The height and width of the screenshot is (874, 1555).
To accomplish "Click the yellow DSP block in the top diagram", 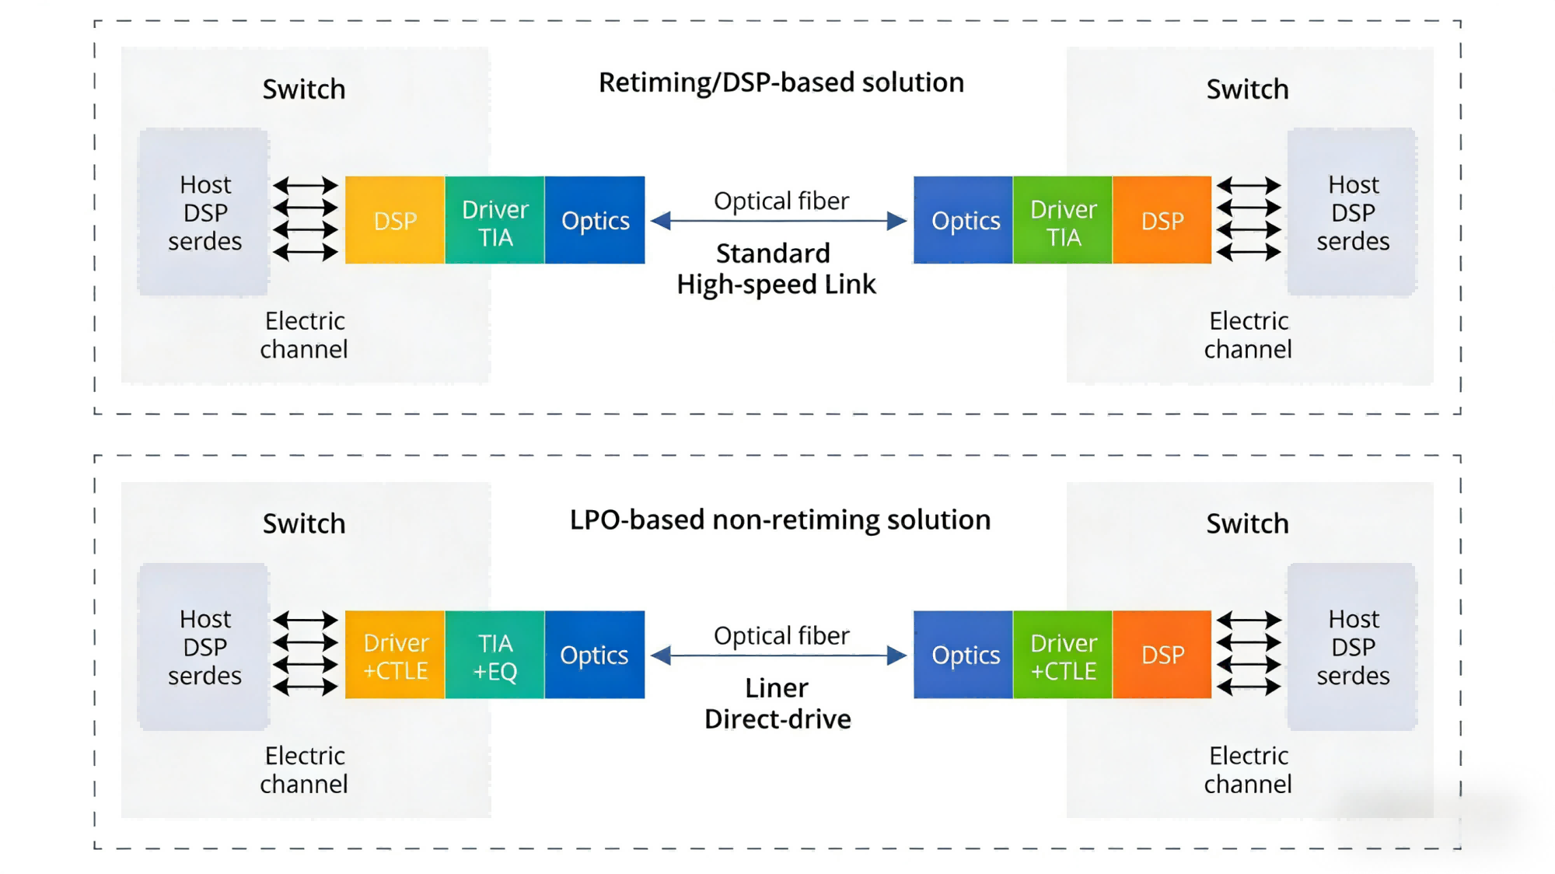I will coord(395,220).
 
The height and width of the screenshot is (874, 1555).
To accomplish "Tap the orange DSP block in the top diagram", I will coord(1162,220).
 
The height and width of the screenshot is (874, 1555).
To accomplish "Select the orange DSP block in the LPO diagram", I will coord(1162,655).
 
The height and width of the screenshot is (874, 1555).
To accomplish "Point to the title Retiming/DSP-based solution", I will coord(781,82).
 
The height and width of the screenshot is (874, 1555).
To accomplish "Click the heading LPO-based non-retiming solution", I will coord(780,519).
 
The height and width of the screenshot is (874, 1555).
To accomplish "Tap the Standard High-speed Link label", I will coord(775,269).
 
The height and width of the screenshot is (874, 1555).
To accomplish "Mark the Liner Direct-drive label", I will coord(777,704).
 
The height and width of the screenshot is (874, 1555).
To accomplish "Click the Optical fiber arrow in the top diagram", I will coord(779,221).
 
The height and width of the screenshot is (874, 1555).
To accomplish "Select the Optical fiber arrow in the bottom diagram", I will coord(779,655).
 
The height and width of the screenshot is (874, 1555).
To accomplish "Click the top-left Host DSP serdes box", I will coord(204,212).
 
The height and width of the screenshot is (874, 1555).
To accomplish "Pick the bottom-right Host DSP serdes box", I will coord(1352,647).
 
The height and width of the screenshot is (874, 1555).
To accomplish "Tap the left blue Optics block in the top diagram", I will coord(595,220).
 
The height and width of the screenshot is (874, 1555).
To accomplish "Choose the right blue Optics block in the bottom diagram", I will coord(964,655).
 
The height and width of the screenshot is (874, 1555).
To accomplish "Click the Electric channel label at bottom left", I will coord(304,770).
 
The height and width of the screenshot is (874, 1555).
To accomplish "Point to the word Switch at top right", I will coord(1247,89).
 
